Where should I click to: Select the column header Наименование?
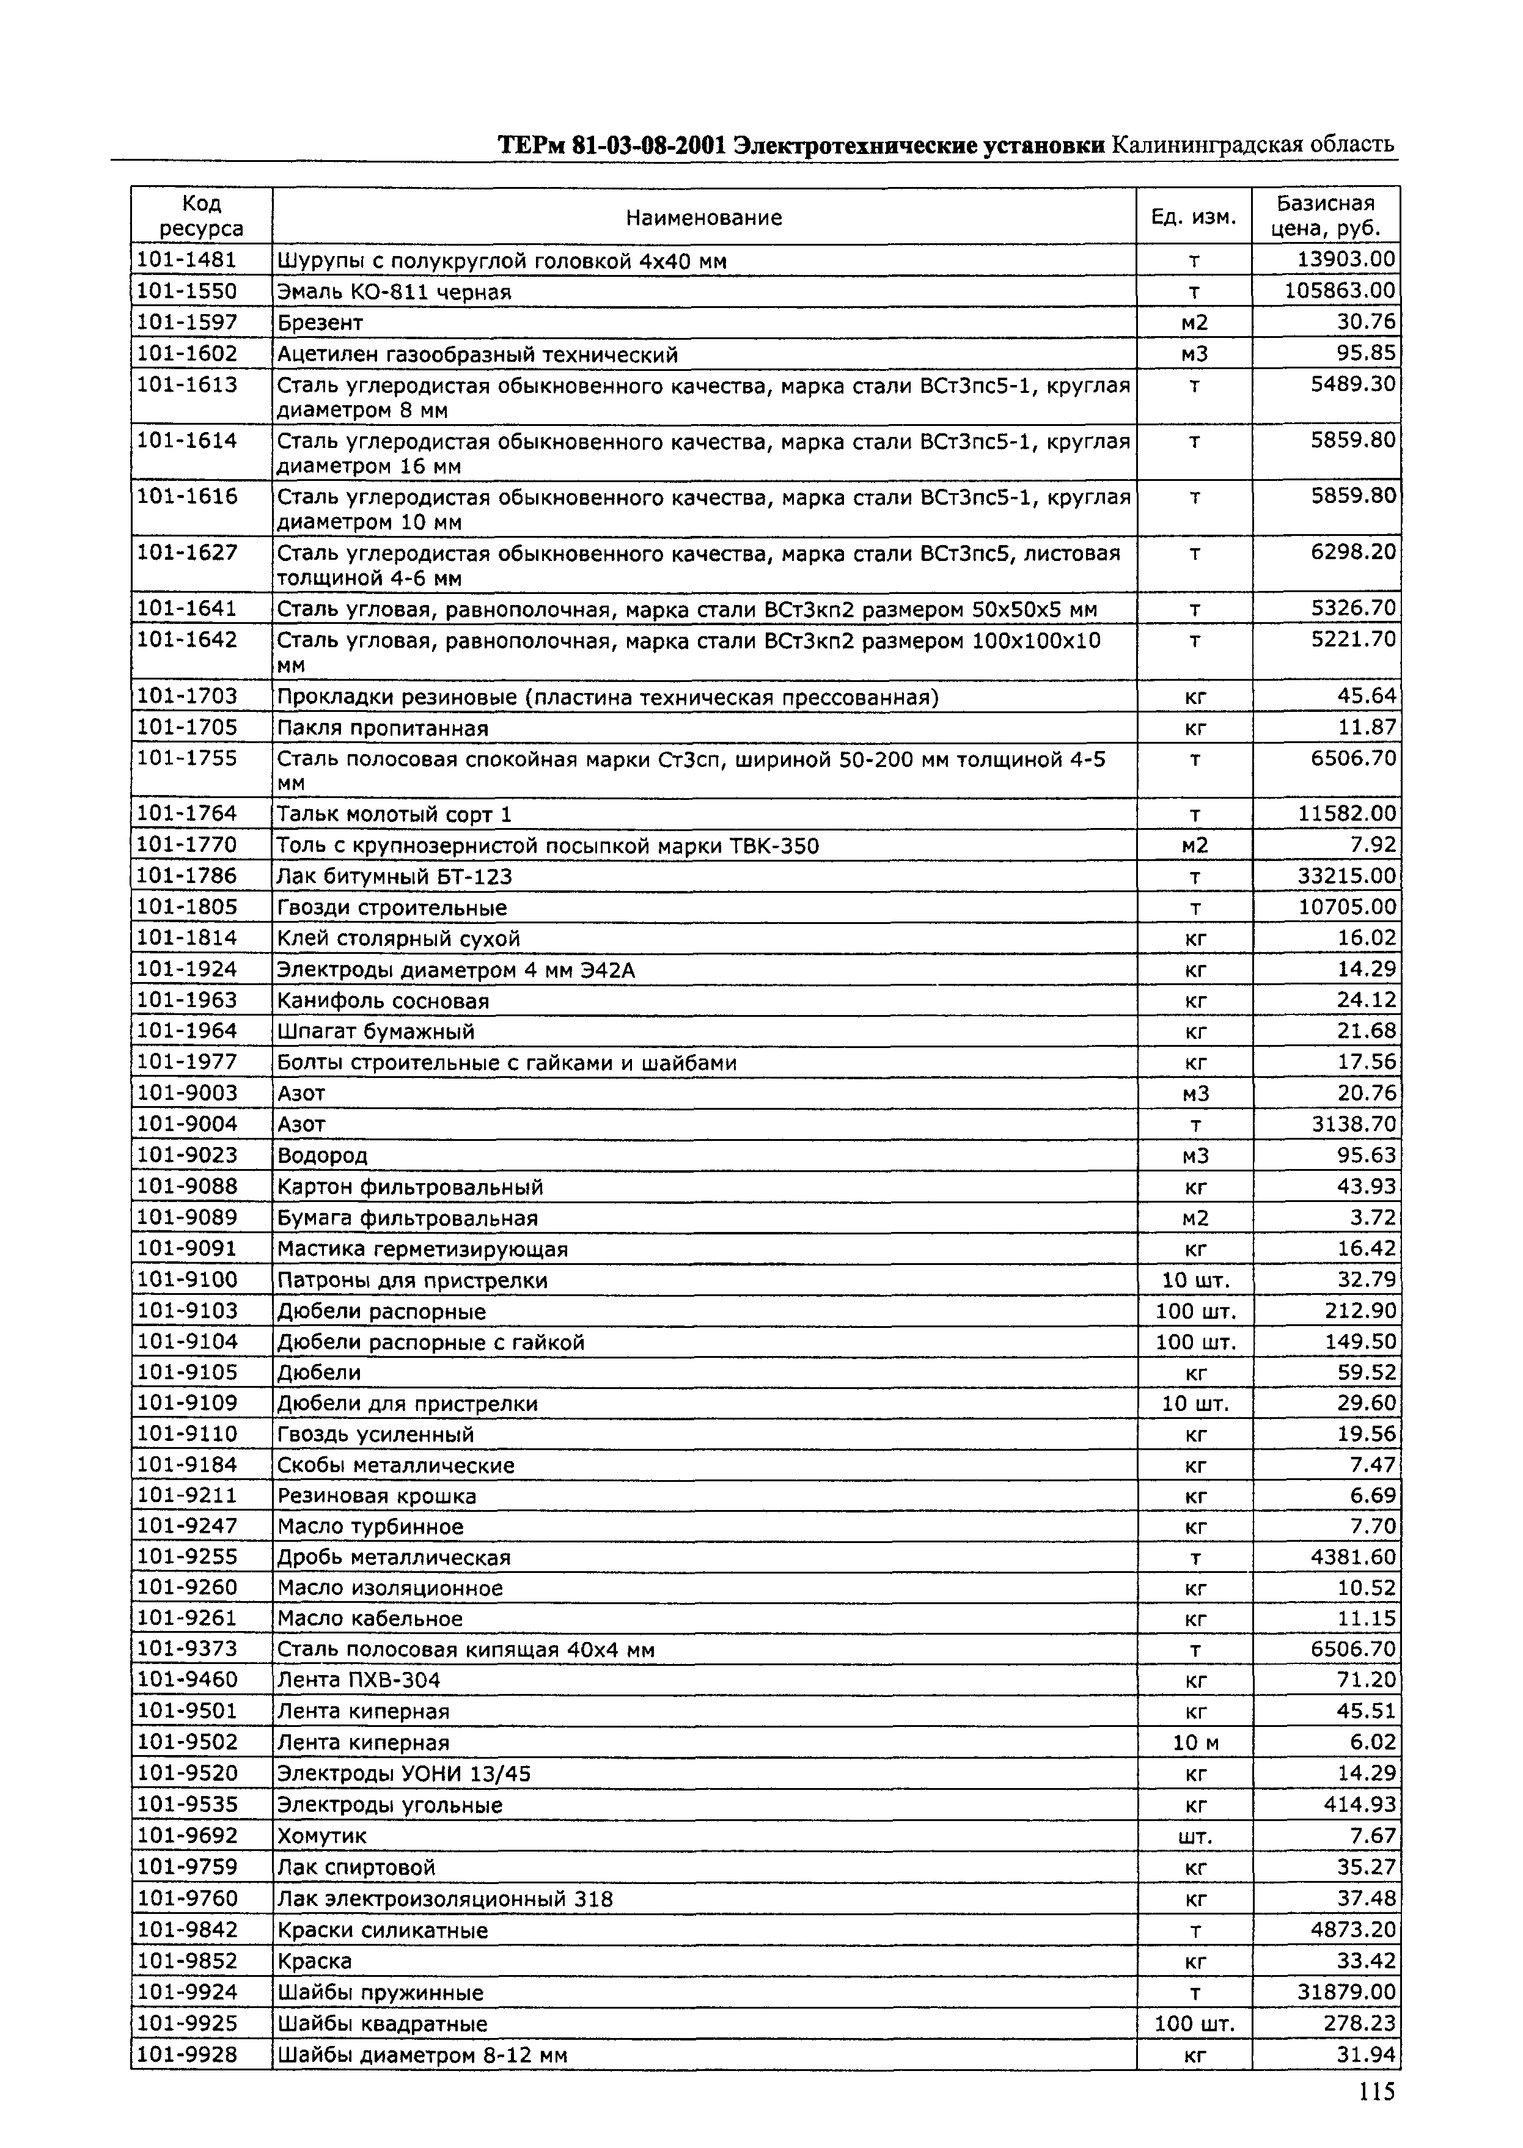[703, 218]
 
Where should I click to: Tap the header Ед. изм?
[1194, 218]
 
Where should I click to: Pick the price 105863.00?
[1340, 291]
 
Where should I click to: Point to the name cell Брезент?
[320, 323]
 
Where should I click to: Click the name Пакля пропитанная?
[383, 728]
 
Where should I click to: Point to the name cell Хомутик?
[321, 1836]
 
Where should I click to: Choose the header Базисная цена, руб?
[1325, 216]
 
